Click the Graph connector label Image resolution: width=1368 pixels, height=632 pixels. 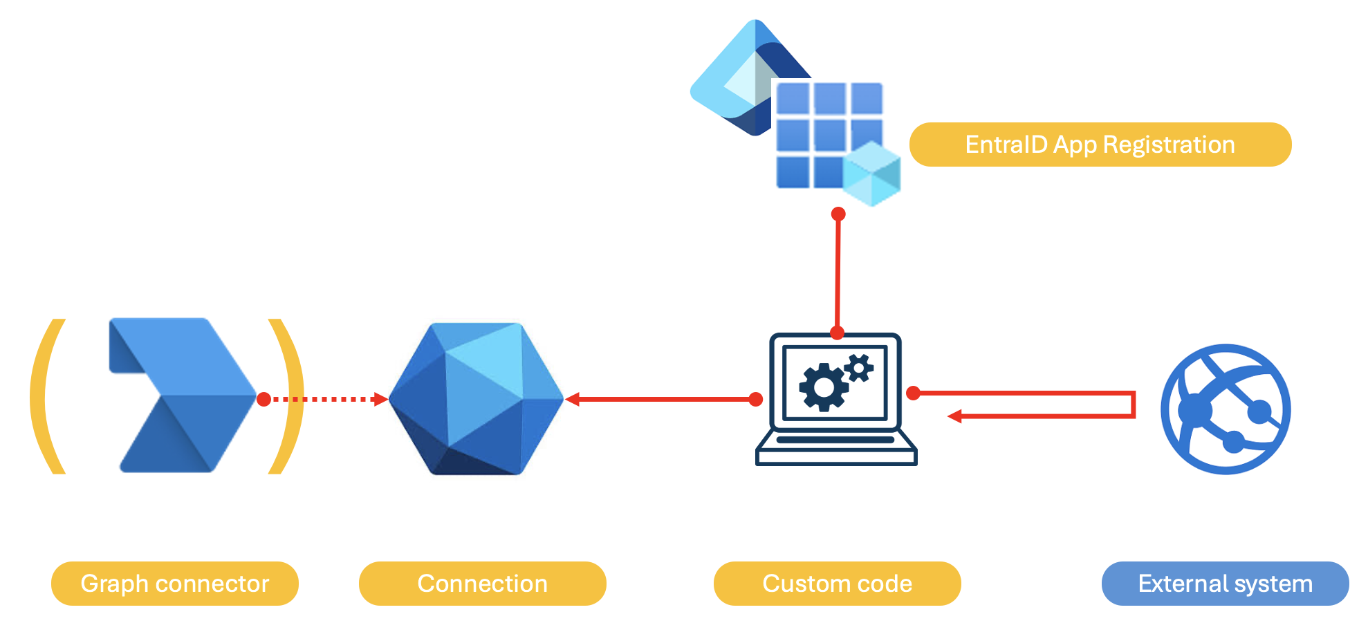(174, 584)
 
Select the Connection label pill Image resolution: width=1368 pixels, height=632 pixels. (482, 584)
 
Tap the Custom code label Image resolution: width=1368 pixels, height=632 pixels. (837, 584)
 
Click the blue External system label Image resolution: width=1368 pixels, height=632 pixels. (1225, 584)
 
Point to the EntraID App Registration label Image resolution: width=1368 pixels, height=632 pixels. (1100, 145)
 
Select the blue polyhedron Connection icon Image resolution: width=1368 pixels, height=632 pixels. (476, 399)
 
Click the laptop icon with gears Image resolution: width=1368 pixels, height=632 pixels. (835, 400)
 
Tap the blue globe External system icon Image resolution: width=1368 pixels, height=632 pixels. (1225, 409)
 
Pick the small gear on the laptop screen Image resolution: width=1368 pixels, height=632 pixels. (859, 368)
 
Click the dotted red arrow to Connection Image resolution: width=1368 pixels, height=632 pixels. (325, 399)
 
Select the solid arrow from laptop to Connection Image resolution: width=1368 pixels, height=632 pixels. (660, 399)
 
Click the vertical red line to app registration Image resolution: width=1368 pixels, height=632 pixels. (838, 273)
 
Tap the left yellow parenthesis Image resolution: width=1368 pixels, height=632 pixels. (46, 396)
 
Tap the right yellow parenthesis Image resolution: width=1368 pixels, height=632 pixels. (289, 396)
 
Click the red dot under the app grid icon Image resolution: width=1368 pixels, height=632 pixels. (838, 214)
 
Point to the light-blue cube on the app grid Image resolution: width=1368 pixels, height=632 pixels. (871, 174)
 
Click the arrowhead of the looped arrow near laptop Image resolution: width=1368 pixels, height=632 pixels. (954, 416)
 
